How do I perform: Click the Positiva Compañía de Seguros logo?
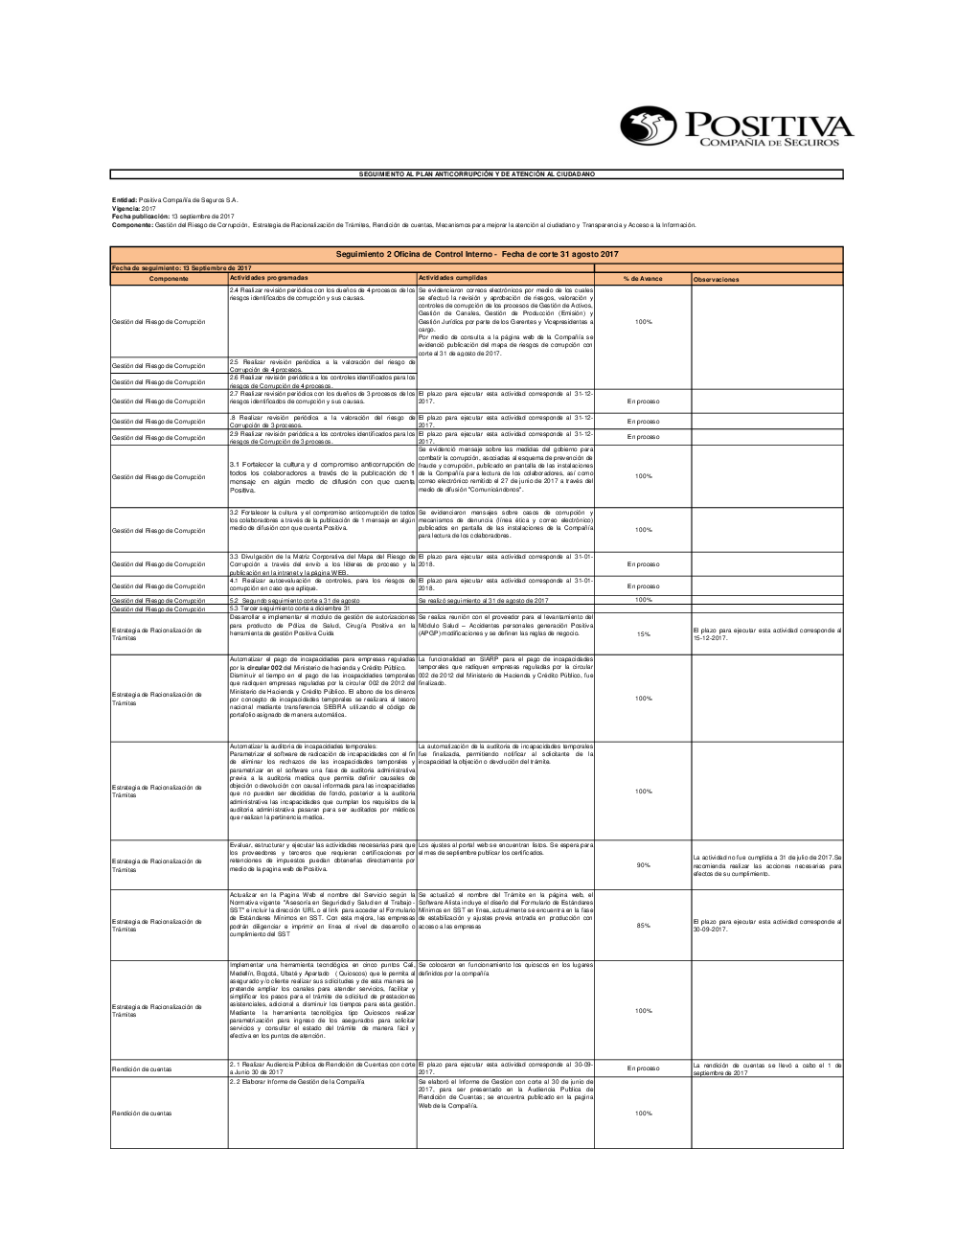pos(735,126)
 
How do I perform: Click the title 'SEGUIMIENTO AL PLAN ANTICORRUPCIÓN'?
pos(476,174)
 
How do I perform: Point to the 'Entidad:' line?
pos(174,199)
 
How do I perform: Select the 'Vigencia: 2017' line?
pos(133,208)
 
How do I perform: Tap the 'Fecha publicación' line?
pos(172,217)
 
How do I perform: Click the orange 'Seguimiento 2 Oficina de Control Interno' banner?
pos(477,254)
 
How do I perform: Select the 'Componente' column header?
pos(169,279)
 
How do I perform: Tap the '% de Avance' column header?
pos(643,279)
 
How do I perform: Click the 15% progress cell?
pos(643,634)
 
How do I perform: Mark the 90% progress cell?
pos(643,865)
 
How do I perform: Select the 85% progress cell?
pos(643,926)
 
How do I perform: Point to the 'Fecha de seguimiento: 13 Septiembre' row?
pos(182,267)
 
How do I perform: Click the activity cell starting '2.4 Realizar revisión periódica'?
pos(322,293)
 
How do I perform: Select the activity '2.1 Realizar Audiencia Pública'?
pos(322,1068)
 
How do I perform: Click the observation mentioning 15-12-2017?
pos(766,633)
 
